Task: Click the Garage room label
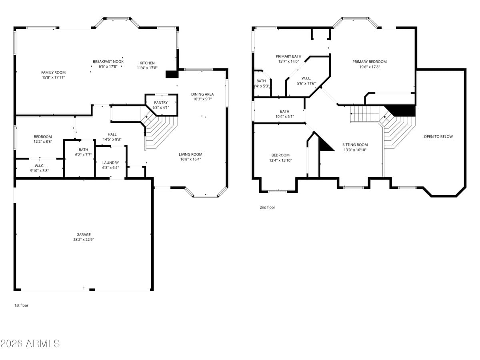[x=84, y=235]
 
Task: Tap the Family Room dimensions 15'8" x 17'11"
[x=53, y=78]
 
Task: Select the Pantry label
[x=161, y=102]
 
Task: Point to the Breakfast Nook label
[x=108, y=62]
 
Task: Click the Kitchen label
[x=147, y=63]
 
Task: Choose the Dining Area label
[x=202, y=94]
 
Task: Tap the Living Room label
[x=190, y=154]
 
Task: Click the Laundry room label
[x=110, y=162]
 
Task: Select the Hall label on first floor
[x=112, y=134]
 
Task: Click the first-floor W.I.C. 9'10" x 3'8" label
[x=39, y=166]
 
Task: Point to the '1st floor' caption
[x=21, y=305]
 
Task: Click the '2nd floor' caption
[x=268, y=207]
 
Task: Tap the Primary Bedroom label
[x=369, y=62]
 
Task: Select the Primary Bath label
[x=288, y=56]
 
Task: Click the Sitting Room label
[x=354, y=145]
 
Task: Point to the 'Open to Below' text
[x=438, y=136]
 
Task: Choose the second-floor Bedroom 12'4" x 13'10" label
[x=280, y=155]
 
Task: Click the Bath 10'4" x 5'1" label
[x=284, y=111]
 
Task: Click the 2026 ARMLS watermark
[x=30, y=344]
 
